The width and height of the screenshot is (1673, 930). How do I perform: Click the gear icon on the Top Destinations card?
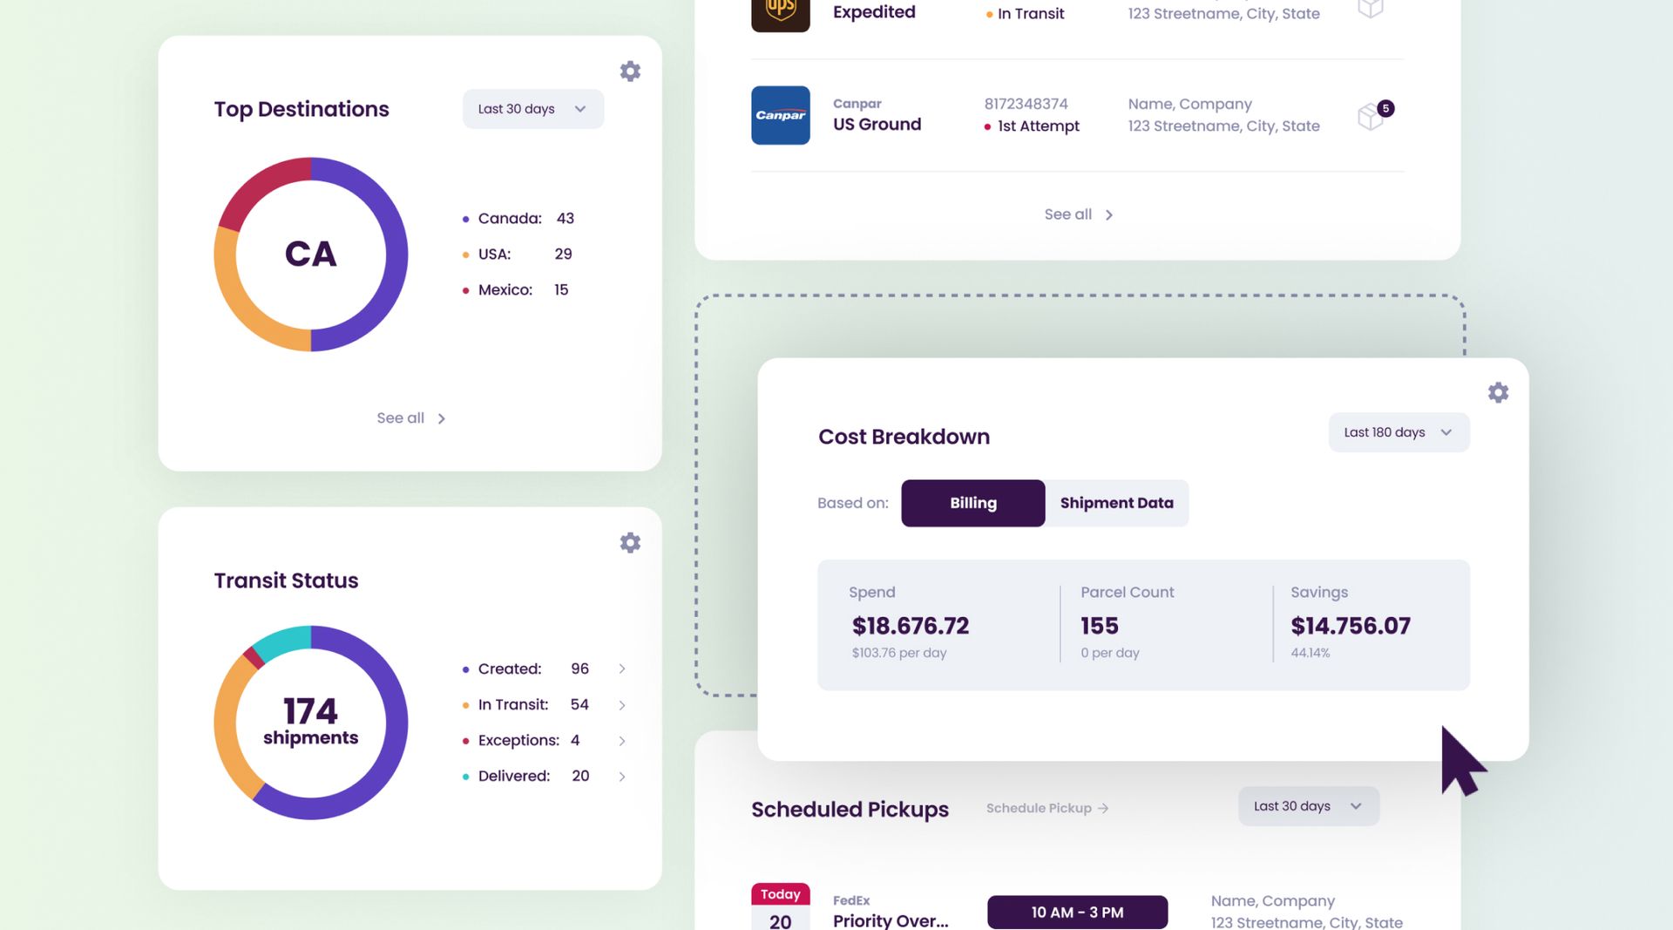630,71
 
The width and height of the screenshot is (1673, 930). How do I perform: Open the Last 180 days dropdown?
1398,432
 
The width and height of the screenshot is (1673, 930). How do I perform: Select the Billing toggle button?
972,503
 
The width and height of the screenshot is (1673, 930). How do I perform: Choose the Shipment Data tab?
1116,503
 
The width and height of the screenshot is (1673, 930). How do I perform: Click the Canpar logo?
780,115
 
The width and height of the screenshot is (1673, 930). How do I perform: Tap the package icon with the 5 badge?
1372,116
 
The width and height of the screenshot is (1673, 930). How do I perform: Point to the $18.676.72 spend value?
910,626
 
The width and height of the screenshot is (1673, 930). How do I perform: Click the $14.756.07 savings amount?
1350,626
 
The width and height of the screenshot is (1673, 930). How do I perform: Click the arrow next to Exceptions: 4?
622,741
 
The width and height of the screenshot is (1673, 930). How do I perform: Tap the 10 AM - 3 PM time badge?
1077,912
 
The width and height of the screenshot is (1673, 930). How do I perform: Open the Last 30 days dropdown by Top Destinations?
532,109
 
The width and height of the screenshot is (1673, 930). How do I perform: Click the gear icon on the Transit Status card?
630,543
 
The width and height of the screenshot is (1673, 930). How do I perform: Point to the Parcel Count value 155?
1099,626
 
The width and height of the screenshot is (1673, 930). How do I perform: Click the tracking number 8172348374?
1026,104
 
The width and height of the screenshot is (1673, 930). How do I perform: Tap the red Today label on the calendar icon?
780,894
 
